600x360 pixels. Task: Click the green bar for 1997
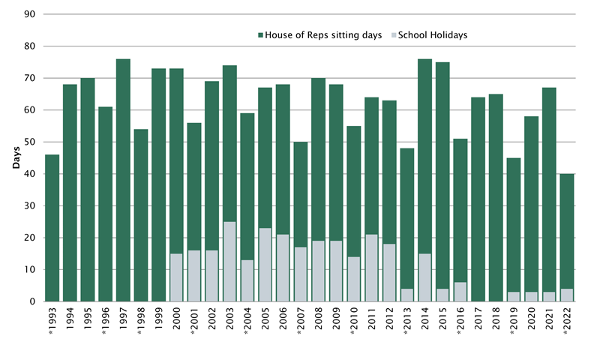pos(123,180)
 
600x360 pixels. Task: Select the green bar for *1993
pos(52,228)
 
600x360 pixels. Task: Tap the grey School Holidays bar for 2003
pos(229,262)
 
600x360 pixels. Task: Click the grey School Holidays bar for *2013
pos(407,295)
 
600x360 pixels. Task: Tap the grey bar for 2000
pos(176,277)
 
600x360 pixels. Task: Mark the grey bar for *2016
pos(460,292)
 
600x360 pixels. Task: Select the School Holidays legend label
pos(433,35)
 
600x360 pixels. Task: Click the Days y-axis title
pos(15,157)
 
